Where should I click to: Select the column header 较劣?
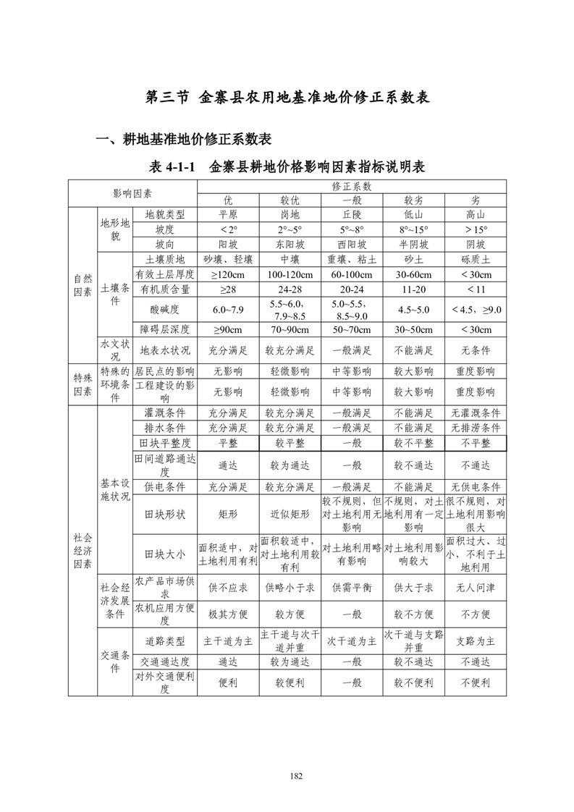coord(413,200)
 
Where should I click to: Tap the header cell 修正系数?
coord(352,187)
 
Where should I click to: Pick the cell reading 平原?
coord(228,215)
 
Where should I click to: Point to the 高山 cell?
coord(476,215)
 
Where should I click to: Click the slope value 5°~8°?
coord(352,229)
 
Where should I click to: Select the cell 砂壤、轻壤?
coord(228,259)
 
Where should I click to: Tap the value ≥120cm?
coord(228,274)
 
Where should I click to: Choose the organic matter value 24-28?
coord(290,289)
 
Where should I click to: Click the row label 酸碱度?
coord(165,310)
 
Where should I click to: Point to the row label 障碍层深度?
coord(165,330)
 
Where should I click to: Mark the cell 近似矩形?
coord(290,515)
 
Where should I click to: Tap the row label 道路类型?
coord(165,641)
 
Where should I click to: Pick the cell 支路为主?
coord(476,641)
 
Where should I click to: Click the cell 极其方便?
coord(228,614)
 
